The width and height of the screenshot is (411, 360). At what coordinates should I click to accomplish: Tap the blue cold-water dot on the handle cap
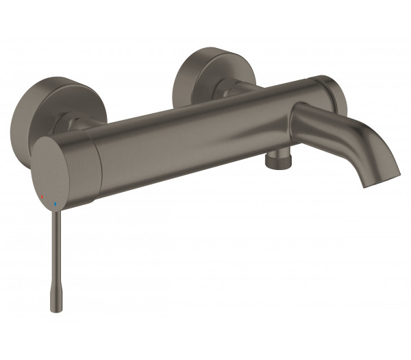pyautogui.click(x=55, y=203)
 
